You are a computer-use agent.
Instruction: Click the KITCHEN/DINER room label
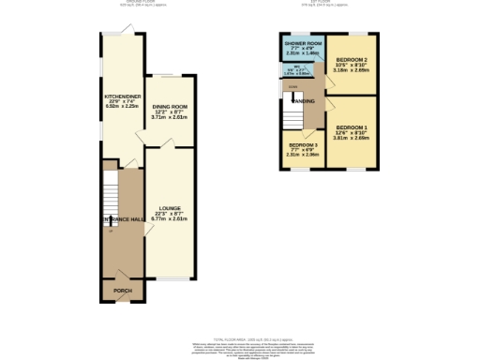click(x=121, y=96)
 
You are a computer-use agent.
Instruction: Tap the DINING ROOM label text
click(x=170, y=108)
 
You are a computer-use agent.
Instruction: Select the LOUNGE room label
click(x=170, y=207)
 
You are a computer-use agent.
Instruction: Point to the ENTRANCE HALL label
click(x=123, y=218)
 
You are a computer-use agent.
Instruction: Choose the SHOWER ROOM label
click(x=303, y=44)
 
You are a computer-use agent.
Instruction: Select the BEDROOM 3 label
click(x=304, y=145)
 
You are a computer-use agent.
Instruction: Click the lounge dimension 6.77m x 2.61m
click(x=170, y=218)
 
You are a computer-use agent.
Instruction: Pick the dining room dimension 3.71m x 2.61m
click(x=170, y=119)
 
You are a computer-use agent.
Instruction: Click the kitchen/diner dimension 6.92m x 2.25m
click(x=121, y=107)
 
